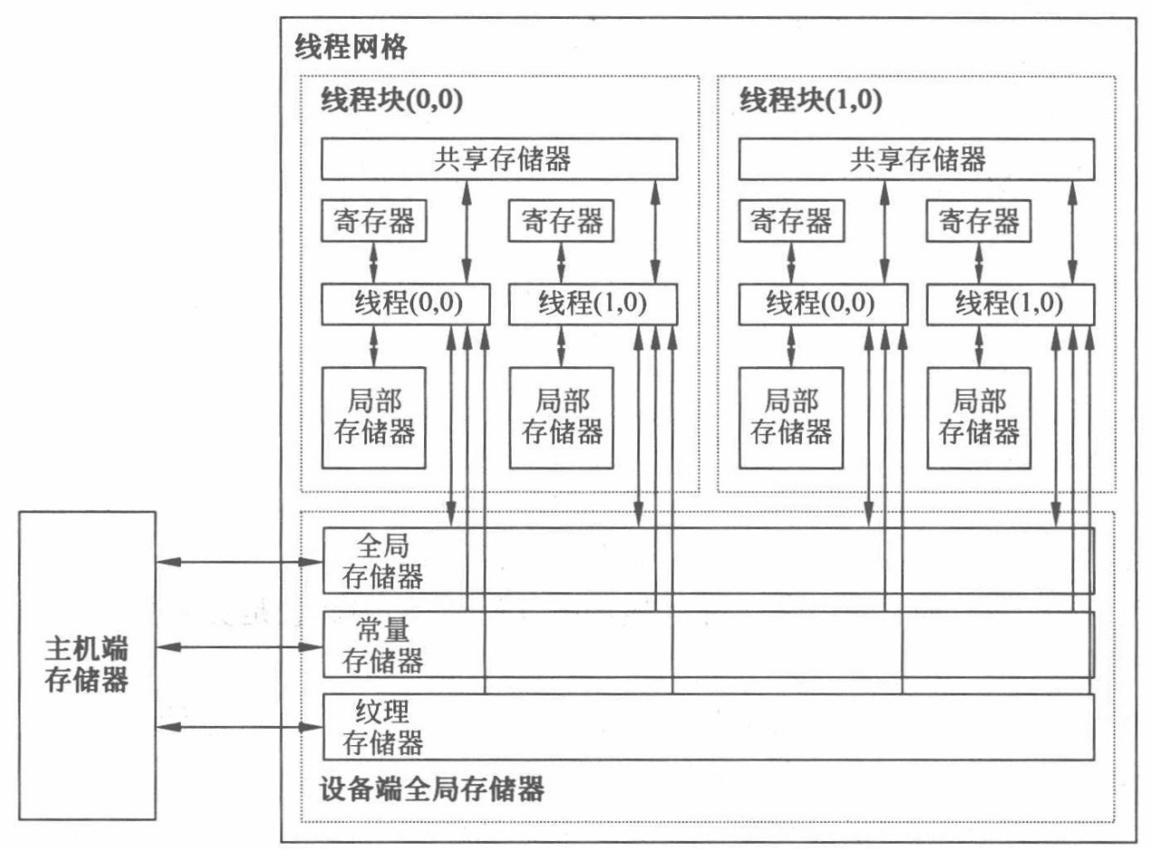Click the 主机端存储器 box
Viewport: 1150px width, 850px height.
pyautogui.click(x=87, y=666)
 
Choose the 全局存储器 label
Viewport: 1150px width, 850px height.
pyautogui.click(x=383, y=562)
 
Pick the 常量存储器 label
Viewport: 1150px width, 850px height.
pyautogui.click(x=383, y=645)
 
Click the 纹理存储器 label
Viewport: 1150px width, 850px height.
pyautogui.click(x=383, y=726)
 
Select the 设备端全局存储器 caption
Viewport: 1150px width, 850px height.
pyautogui.click(x=433, y=790)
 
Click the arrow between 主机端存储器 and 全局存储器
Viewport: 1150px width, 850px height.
pyautogui.click(x=240, y=562)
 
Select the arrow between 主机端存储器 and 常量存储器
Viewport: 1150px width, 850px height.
pyautogui.click(x=240, y=647)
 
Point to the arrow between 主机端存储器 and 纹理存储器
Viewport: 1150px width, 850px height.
pyautogui.click(x=240, y=726)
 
